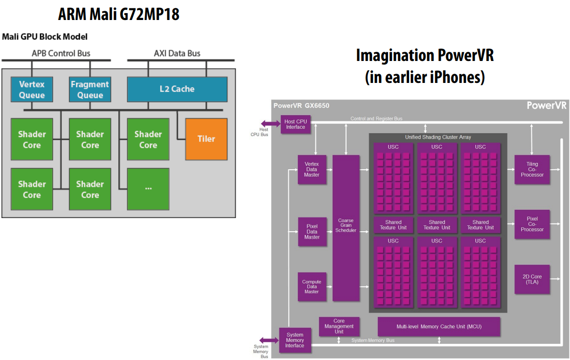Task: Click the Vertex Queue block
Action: (x=32, y=90)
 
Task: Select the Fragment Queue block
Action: (x=90, y=90)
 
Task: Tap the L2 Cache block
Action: (x=177, y=89)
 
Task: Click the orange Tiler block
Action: (x=206, y=139)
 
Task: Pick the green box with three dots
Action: (x=148, y=189)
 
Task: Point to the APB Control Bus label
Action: (x=61, y=53)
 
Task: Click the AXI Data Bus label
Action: (x=177, y=53)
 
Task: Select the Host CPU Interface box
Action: (x=295, y=124)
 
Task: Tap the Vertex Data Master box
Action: (x=312, y=169)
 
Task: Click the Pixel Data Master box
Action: (x=312, y=232)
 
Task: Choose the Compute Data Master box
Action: (x=312, y=287)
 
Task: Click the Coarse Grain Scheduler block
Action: (x=346, y=228)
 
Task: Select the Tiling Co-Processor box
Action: (x=532, y=169)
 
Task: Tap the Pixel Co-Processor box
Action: (x=532, y=224)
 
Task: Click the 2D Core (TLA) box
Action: (x=532, y=279)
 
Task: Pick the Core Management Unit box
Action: (x=339, y=326)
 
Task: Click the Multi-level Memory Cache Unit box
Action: (x=439, y=326)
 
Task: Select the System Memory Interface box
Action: (x=295, y=340)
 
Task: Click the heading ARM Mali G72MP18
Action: (x=118, y=15)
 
